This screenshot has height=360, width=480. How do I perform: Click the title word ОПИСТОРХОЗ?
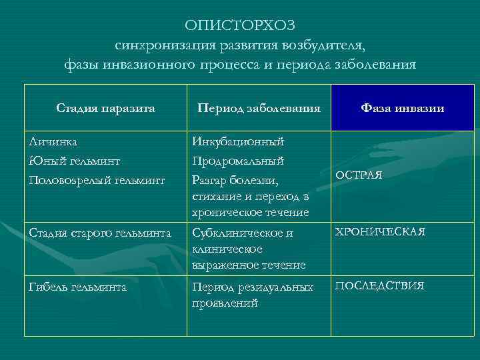coord(239,25)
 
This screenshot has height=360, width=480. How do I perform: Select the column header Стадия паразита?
coord(105,108)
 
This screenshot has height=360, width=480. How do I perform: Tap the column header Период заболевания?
coord(259,108)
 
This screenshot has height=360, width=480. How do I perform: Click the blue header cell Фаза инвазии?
coord(403,108)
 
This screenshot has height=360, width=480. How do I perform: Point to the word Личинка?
coord(53,142)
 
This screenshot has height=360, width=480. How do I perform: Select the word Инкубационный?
coord(238,142)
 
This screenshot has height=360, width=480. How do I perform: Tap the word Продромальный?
coord(238,161)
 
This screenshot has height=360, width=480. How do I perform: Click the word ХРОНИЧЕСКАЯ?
coord(380,231)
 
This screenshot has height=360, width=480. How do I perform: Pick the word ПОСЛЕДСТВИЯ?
coord(379,286)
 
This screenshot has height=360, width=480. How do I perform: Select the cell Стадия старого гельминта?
coord(101,232)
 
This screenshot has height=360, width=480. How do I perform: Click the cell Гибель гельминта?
coord(78,287)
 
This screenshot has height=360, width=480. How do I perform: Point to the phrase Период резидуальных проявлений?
coord(252,295)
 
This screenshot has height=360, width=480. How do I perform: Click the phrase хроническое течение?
coord(250,212)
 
